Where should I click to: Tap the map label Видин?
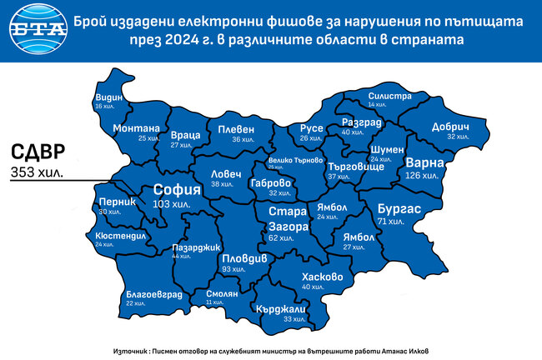click(108, 97)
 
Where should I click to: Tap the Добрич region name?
click(452, 126)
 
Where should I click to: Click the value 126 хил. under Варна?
click(422, 176)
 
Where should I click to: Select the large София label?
click(176, 190)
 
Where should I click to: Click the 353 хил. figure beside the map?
click(38, 172)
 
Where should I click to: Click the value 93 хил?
click(233, 270)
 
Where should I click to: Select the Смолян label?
click(217, 293)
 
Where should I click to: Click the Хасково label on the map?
click(323, 276)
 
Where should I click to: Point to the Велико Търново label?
click(295, 159)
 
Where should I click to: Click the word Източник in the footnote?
click(129, 350)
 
